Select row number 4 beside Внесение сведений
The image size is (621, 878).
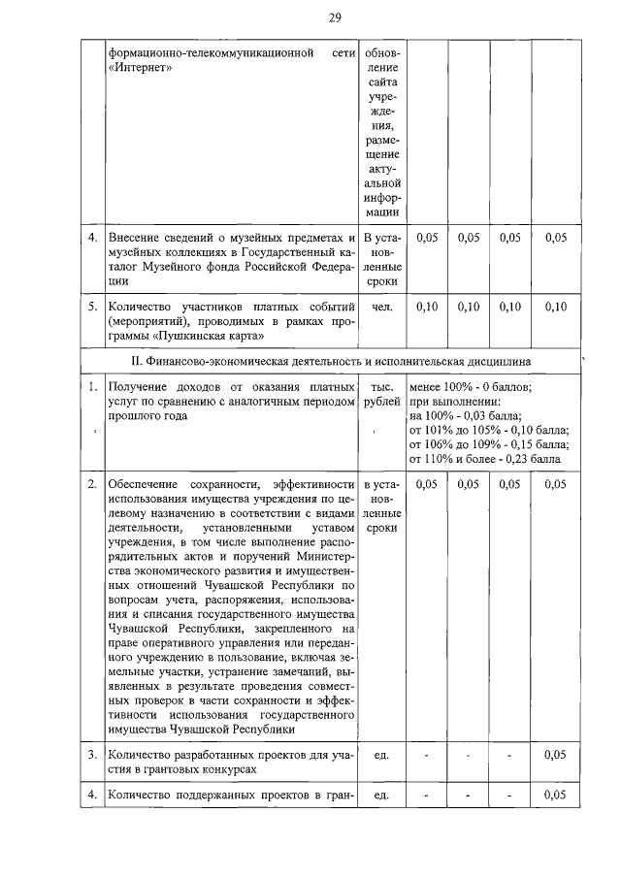pos(91,237)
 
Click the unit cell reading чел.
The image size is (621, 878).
pos(382,307)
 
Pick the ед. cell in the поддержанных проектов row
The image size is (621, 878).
pos(382,796)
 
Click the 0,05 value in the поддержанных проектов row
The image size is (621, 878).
pos(555,796)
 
